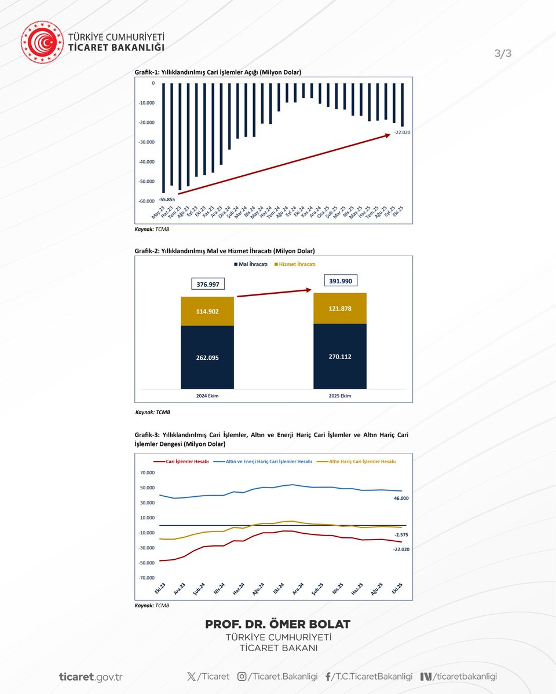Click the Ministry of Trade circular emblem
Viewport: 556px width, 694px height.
pos(42,42)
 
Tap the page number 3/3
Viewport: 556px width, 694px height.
pos(503,54)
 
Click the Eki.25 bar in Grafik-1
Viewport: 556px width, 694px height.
pos(402,104)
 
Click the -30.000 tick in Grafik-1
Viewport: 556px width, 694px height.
pos(146,142)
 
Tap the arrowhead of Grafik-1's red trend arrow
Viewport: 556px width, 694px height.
pos(387,135)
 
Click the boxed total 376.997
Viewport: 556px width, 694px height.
pos(207,284)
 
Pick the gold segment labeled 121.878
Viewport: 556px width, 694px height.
pos(340,308)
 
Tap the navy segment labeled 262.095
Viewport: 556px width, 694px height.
pos(207,357)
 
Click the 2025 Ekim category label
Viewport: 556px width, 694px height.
pos(339,396)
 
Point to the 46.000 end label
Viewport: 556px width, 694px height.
pos(401,498)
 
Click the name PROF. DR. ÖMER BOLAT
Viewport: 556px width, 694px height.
pos(278,625)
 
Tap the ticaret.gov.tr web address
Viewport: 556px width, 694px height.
pos(90,677)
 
